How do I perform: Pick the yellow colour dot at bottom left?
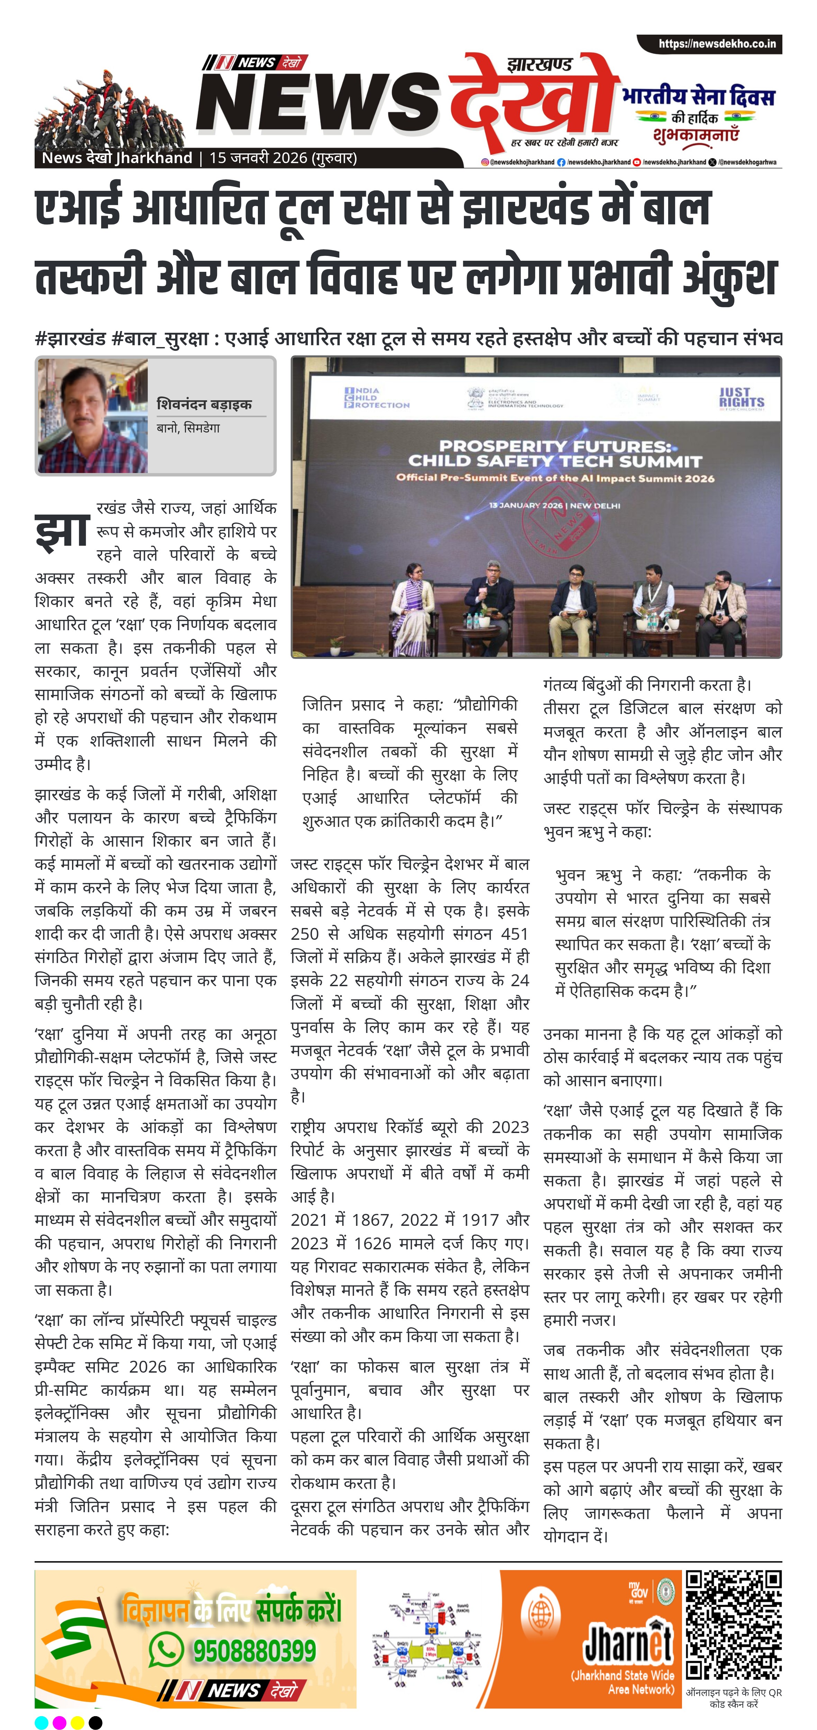(77, 1722)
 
